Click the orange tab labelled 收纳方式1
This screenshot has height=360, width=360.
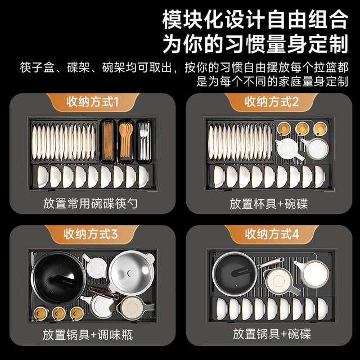[93, 102]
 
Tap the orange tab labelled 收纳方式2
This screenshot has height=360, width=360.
[271, 102]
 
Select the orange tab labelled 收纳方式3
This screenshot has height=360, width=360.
[91, 235]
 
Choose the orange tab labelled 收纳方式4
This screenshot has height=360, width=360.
[272, 235]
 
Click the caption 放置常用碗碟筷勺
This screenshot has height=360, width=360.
[91, 204]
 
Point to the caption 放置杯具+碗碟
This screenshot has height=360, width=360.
[269, 204]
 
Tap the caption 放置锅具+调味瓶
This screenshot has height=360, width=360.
[88, 335]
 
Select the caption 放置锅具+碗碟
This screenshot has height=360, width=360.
[272, 334]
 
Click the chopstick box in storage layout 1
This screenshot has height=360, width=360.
[108, 141]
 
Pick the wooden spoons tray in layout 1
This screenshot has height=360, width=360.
[126, 141]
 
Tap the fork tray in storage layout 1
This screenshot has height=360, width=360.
[144, 141]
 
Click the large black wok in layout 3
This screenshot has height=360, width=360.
[58, 278]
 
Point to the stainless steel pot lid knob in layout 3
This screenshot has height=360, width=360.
[131, 273]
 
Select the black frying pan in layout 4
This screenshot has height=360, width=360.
[235, 274]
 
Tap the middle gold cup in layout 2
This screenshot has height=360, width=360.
[302, 129]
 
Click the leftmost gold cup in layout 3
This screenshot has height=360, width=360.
[40, 314]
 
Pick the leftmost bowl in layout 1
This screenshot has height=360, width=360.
[43, 177]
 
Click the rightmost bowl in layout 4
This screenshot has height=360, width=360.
[322, 309]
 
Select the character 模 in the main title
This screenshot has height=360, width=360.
[172, 20]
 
